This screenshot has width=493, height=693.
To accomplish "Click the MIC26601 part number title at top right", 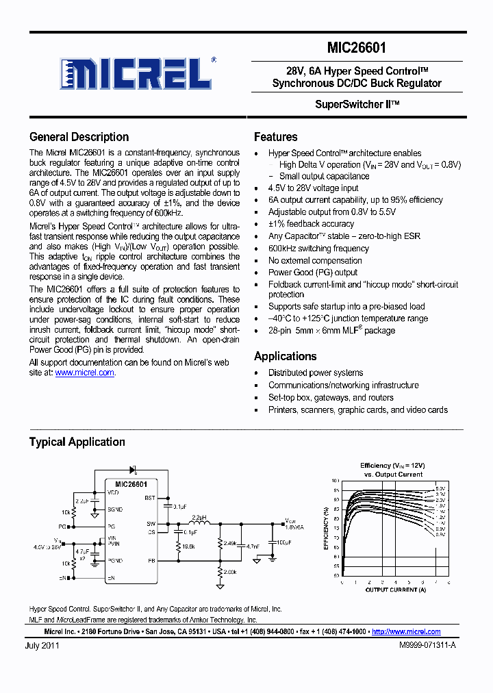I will point(356,49).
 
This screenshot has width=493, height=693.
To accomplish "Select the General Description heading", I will point(79,137).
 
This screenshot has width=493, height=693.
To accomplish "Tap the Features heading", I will point(275,137).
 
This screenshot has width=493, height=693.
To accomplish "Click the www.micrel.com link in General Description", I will point(84,373).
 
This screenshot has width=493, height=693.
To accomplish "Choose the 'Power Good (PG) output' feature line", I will point(313,273).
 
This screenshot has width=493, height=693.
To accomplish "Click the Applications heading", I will point(285,356).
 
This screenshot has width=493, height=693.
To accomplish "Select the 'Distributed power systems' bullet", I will point(316,373).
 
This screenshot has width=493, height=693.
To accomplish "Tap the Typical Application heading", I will point(77,442).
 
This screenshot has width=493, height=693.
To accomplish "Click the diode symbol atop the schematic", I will point(133,470).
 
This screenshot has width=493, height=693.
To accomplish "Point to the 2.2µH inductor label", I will point(199,518).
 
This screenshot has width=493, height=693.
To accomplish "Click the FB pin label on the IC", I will point(150,560).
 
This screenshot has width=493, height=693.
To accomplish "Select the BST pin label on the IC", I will point(149,498).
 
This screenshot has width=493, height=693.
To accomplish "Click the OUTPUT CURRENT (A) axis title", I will point(395,590).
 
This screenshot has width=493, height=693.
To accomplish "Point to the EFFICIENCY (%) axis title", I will point(325,528).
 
